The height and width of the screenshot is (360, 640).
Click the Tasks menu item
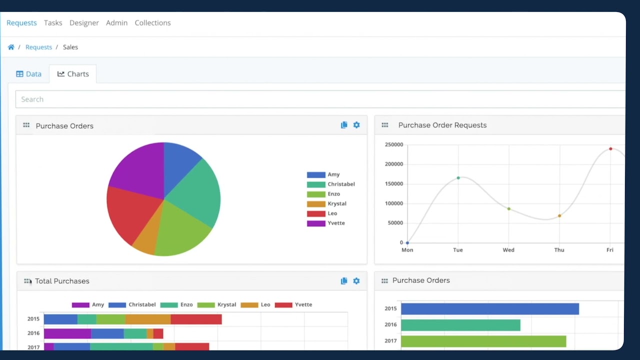53,23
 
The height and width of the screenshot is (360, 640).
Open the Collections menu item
152,23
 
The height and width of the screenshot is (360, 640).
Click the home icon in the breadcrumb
11,47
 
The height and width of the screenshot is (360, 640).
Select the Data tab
28,74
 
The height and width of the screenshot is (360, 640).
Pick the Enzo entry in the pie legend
333,194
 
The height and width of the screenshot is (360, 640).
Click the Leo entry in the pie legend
332,213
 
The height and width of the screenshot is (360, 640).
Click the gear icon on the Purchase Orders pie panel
356,125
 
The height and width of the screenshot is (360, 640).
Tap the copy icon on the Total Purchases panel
344,281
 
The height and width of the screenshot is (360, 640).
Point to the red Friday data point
610,149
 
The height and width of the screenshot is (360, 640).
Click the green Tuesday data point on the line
458,178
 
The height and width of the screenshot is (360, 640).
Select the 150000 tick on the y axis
394,184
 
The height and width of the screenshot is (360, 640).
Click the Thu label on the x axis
559,250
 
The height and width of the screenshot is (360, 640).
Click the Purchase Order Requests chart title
442,125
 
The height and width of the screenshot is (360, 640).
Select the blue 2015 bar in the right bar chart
489,309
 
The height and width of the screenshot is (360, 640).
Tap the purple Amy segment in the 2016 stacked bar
67,333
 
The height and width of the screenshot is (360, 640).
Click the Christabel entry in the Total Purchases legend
142,304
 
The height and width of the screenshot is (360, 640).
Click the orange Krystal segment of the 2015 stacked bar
148,319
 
